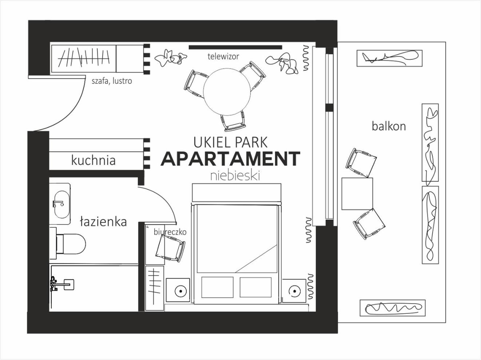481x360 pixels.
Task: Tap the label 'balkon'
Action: pos(389,126)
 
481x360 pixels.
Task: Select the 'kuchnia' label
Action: pos(94,160)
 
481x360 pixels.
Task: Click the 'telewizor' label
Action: pos(223,56)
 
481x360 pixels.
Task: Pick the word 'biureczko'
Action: pos(170,232)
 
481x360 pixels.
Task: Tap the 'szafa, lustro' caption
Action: pos(112,81)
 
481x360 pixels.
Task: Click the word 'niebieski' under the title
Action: pos(235,176)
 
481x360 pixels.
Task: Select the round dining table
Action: pos(227,91)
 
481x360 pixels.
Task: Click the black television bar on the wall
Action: pos(235,47)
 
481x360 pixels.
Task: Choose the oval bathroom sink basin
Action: pos(61,205)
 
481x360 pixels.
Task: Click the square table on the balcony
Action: pos(357,194)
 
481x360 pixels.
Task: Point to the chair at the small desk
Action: pos(170,248)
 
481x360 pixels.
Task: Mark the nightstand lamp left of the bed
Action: pos(180,291)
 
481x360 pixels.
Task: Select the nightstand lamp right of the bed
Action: pos(294,291)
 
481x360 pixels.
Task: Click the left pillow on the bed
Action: pos(217,287)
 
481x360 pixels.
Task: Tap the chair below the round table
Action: pos(233,121)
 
